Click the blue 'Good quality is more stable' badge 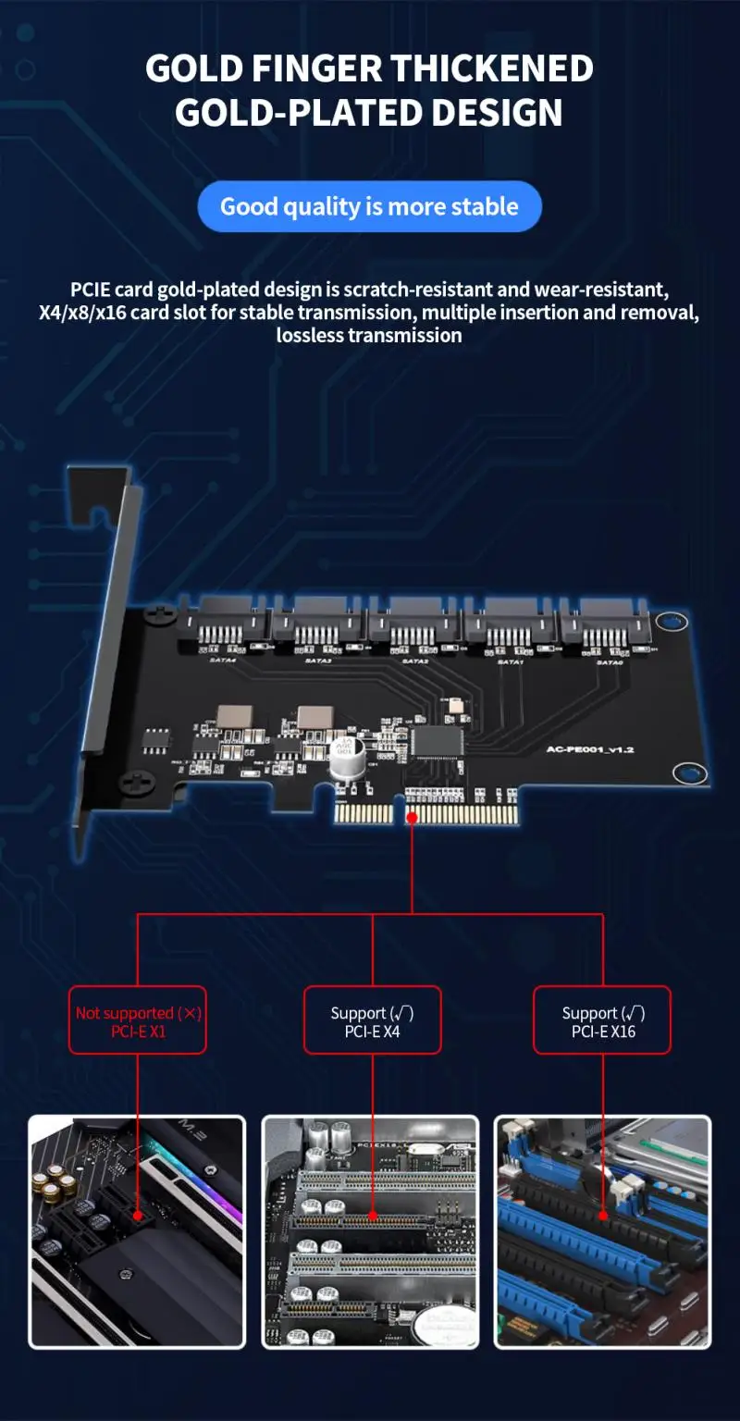click(x=369, y=206)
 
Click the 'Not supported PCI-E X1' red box click(x=137, y=1020)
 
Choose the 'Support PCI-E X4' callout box click(x=372, y=1020)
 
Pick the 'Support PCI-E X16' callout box click(x=602, y=1020)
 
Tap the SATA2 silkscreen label click(x=414, y=661)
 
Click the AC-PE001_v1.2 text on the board click(x=589, y=749)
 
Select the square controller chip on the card click(x=433, y=740)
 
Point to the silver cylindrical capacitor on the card click(x=344, y=759)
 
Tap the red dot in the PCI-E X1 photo click(x=137, y=1214)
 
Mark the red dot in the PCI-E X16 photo click(x=603, y=1214)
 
